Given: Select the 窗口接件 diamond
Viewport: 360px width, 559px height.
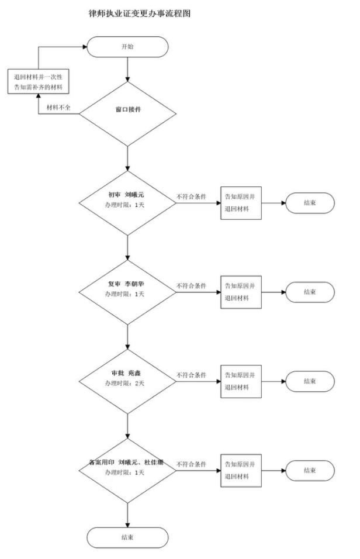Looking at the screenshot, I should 127,109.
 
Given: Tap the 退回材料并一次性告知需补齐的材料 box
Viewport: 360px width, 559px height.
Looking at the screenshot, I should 38,82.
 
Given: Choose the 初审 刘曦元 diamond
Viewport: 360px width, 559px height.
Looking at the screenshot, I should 127,203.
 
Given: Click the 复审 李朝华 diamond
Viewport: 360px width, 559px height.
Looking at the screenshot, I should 127,291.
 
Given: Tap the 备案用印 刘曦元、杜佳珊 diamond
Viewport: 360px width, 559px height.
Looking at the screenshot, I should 127,467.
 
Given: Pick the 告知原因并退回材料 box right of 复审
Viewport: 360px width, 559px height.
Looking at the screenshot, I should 240,291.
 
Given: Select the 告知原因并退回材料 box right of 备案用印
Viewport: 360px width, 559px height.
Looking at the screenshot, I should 240,469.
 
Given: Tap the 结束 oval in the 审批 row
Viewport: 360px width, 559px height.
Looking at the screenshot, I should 310,381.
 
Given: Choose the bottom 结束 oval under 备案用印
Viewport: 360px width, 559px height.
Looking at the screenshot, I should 127,536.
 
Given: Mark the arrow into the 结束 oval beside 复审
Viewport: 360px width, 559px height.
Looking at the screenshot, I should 272,291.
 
